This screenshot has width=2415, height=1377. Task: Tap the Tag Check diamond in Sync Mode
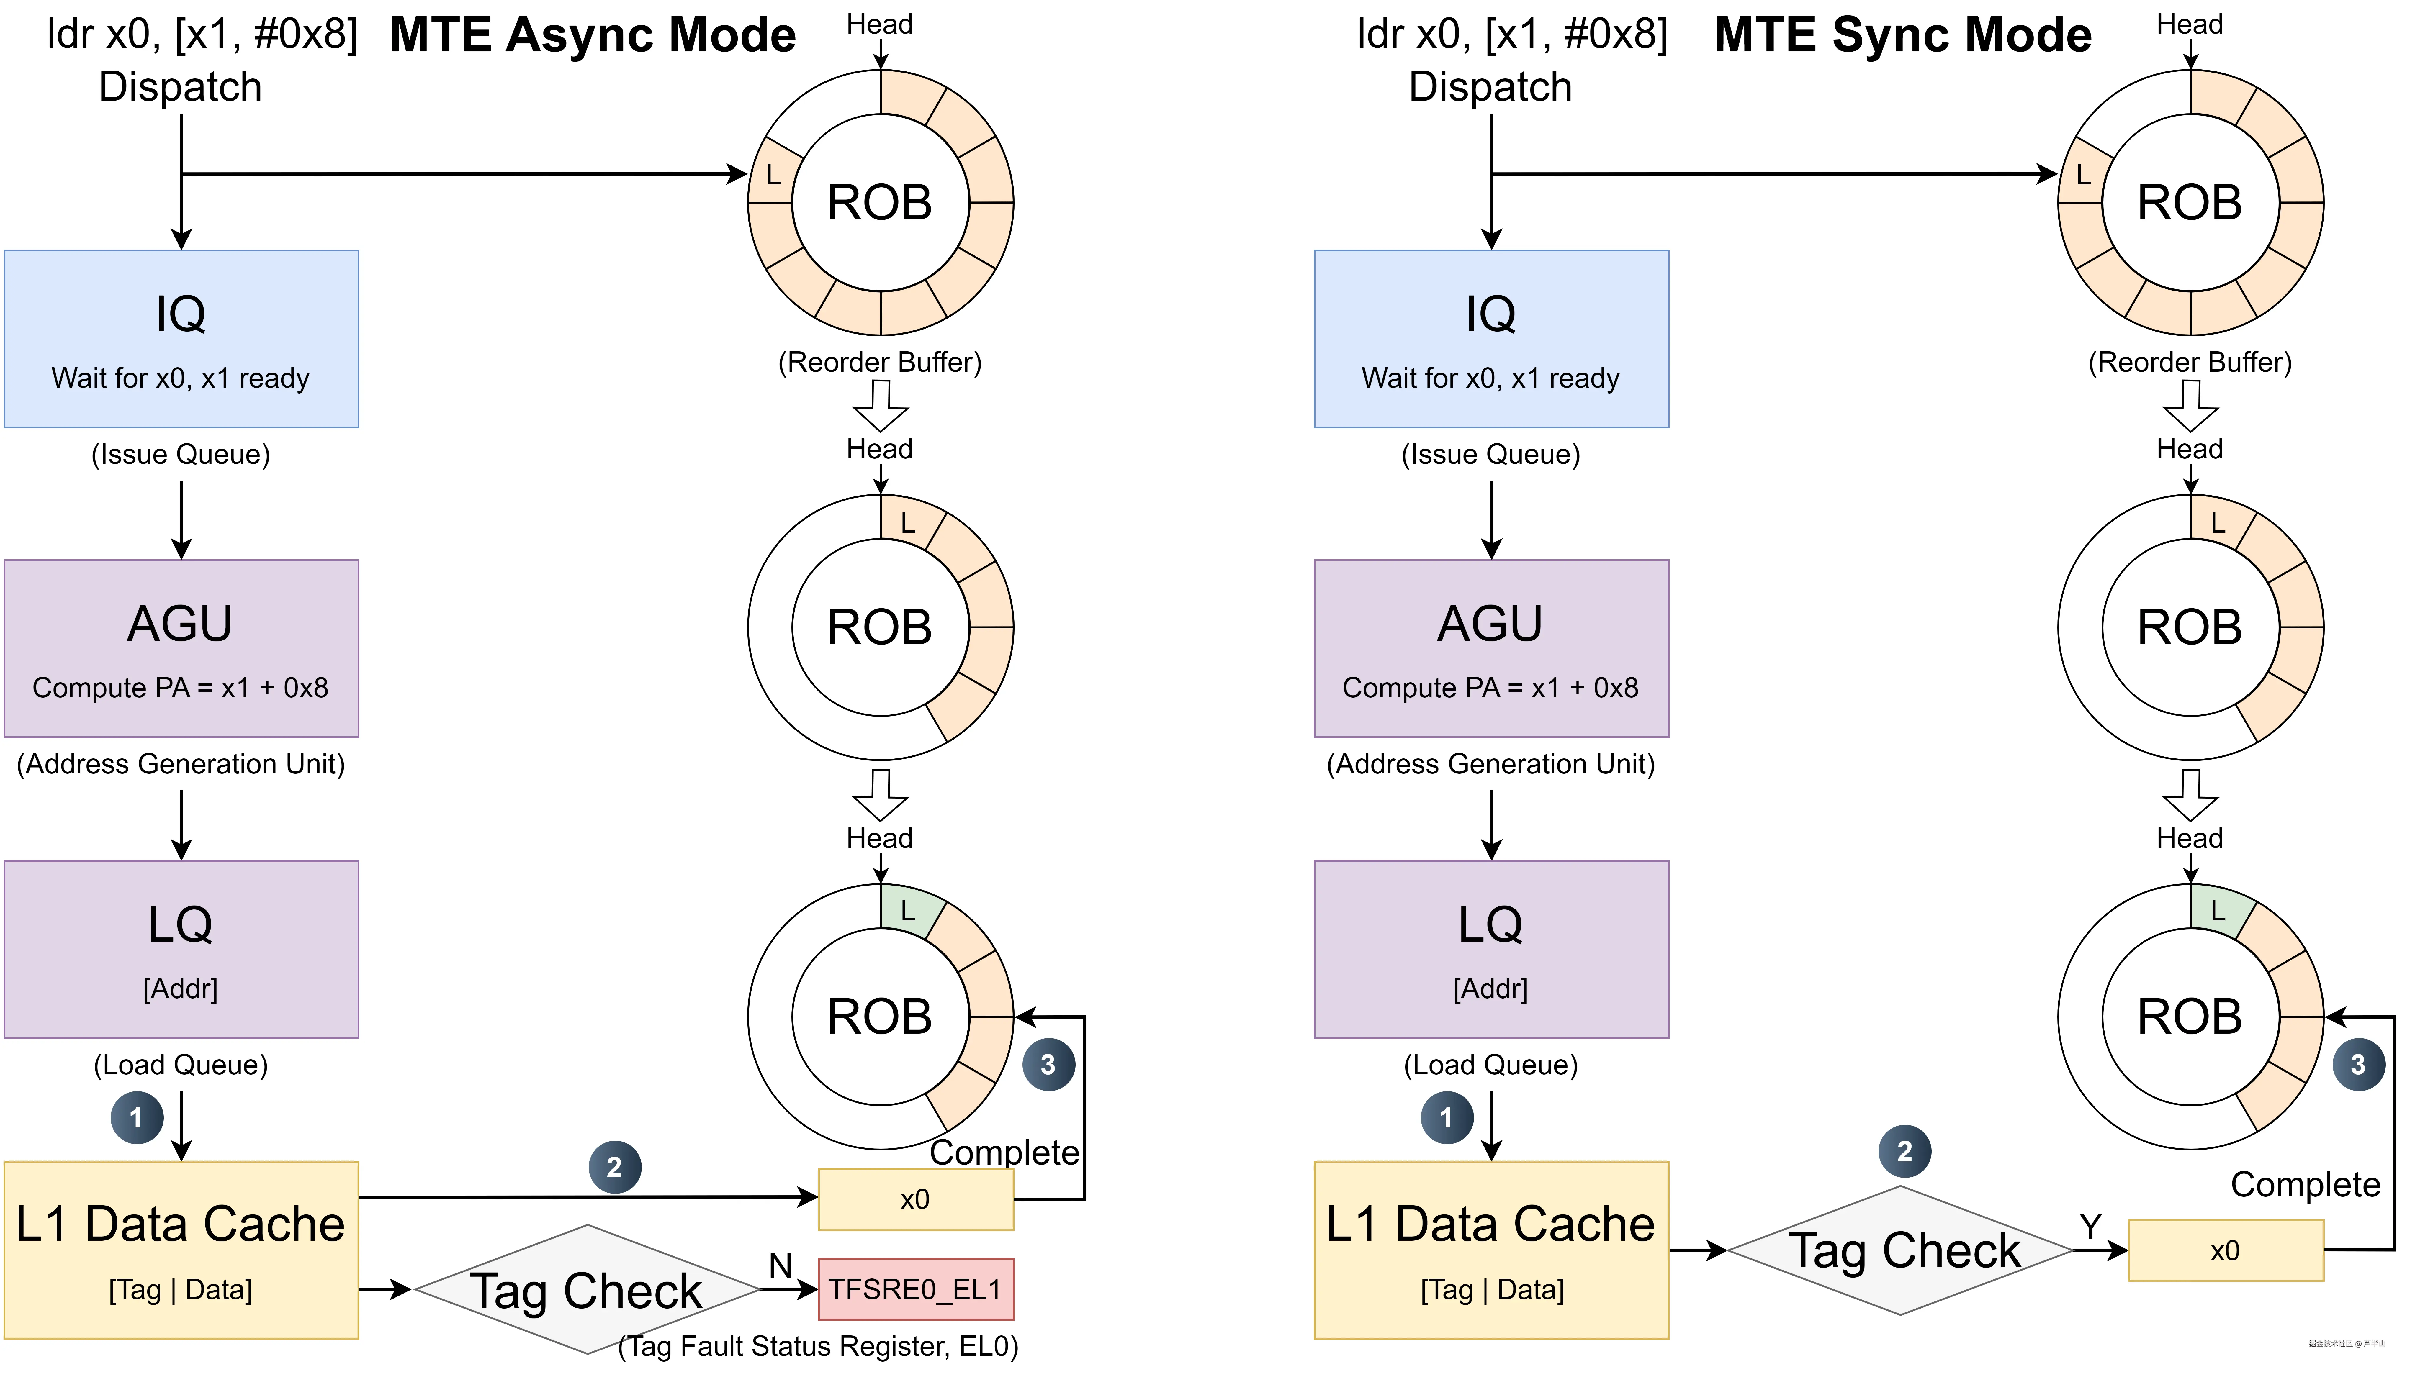(x=1901, y=1250)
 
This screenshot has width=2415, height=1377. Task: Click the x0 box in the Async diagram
(x=915, y=1199)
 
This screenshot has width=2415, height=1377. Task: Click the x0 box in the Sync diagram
(x=2225, y=1250)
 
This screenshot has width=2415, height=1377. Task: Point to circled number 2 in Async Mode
(x=615, y=1167)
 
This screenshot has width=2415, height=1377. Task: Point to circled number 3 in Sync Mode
(x=2358, y=1065)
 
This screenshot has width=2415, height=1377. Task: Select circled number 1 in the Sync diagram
(x=1446, y=1118)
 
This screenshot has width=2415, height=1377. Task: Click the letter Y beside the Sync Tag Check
(x=2090, y=1227)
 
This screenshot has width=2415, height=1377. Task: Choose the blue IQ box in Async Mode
(x=181, y=339)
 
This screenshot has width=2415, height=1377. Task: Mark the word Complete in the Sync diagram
(x=2304, y=1184)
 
